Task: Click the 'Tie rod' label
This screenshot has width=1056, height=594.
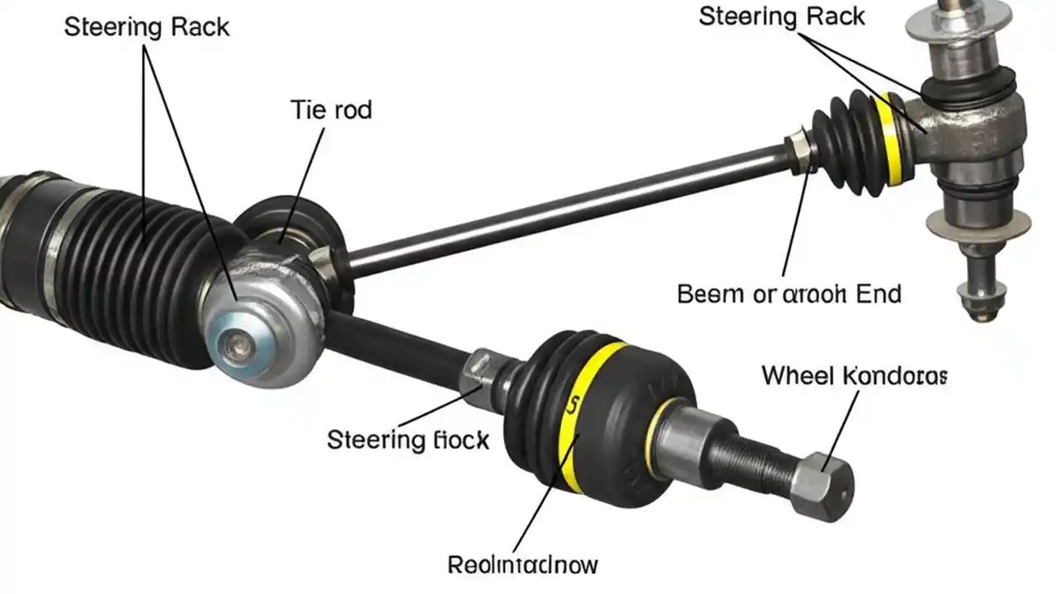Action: pyautogui.click(x=331, y=110)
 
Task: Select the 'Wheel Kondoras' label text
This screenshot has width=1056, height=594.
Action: pyautogui.click(x=854, y=376)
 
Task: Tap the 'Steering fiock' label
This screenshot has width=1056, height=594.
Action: pyautogui.click(x=408, y=440)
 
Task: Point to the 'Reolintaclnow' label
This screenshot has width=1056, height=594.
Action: pyautogui.click(x=522, y=565)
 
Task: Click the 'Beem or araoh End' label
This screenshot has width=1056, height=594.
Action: pyautogui.click(x=789, y=294)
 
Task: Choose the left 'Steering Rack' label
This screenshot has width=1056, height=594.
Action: pyautogui.click(x=147, y=26)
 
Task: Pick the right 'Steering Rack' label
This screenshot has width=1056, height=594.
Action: pyautogui.click(x=782, y=16)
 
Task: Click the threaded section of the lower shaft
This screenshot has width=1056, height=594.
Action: pyautogui.click(x=751, y=458)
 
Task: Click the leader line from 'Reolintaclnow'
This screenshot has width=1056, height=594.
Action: pyautogui.click(x=532, y=511)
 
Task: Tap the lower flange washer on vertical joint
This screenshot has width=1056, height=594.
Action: pyautogui.click(x=978, y=224)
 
